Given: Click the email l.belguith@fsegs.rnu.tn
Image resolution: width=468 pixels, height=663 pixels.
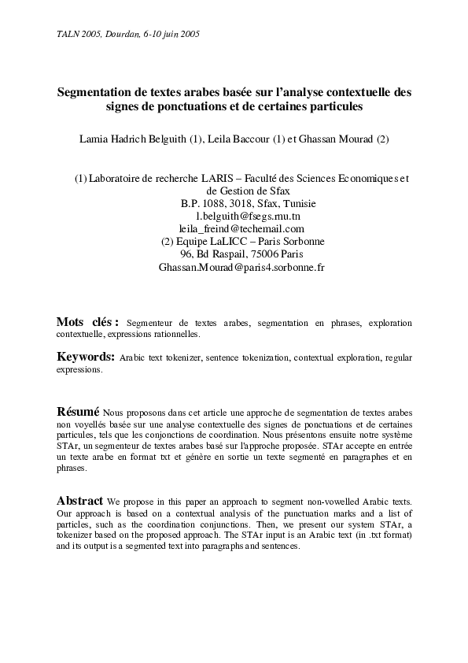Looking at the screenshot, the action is (241, 216).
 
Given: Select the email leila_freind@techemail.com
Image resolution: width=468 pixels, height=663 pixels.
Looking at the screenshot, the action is (241, 228).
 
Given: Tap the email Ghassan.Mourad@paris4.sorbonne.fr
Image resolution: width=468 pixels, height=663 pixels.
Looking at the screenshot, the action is (241, 267).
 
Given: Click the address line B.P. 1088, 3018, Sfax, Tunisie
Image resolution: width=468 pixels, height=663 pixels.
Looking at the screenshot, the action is (241, 203).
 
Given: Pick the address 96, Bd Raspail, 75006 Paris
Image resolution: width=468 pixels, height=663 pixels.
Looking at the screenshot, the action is (241, 254).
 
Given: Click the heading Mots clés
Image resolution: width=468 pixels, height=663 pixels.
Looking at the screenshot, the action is (87, 322).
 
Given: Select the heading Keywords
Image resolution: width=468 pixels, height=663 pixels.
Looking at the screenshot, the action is (86, 357).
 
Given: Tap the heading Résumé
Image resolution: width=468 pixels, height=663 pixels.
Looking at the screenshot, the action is (78, 412).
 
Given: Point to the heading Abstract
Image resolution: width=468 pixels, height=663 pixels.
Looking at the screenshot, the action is (79, 501).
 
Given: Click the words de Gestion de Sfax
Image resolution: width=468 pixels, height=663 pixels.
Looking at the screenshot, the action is (241, 191).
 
